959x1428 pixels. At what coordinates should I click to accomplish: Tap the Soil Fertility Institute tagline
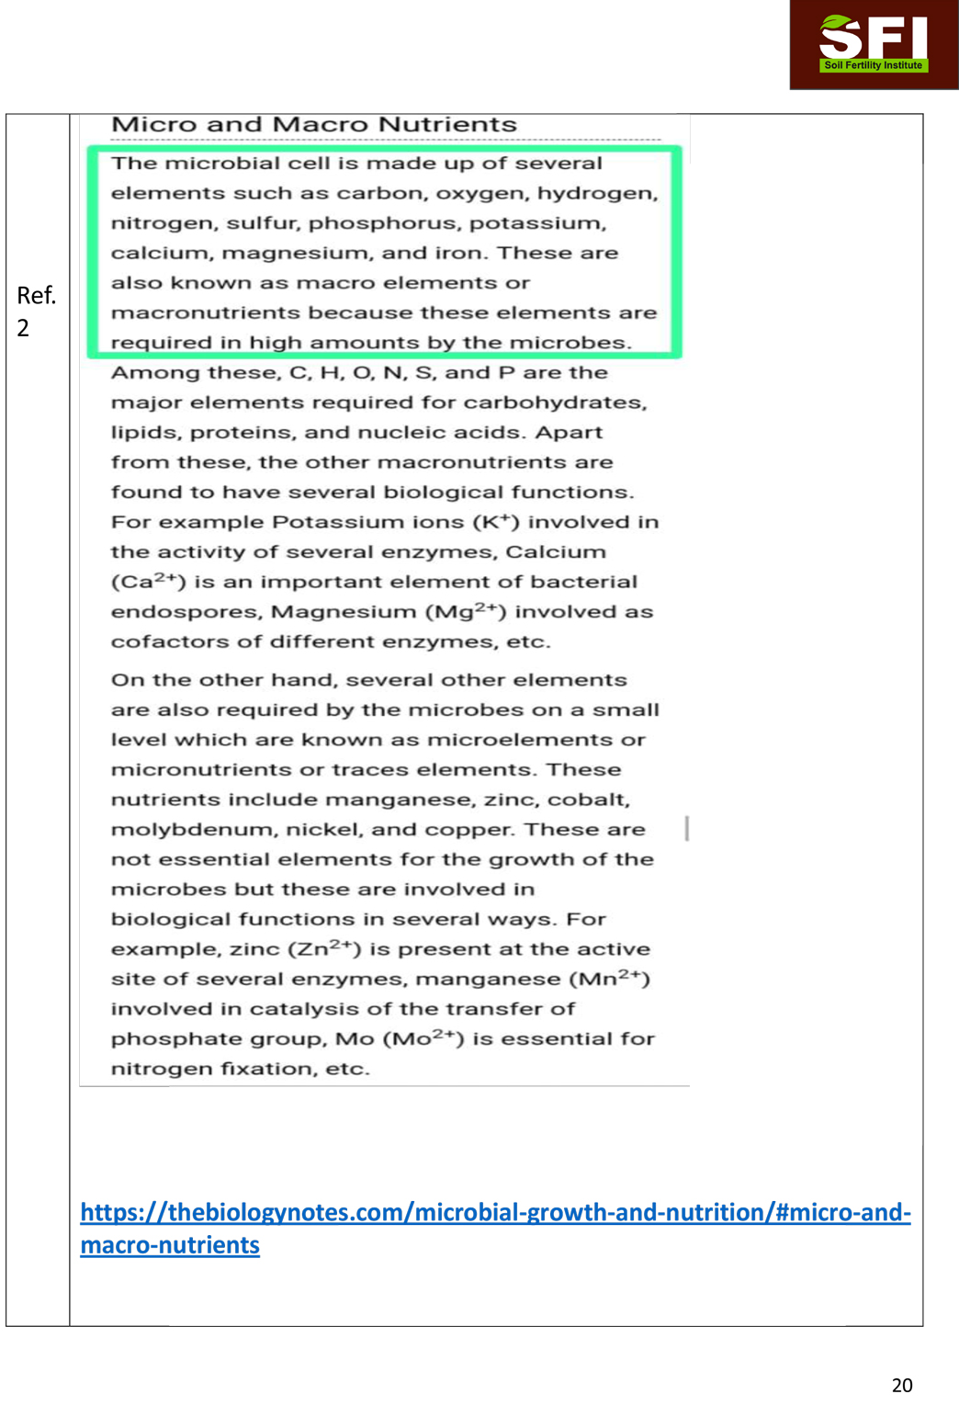pos(873,65)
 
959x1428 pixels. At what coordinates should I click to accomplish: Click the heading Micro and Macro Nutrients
pos(314,124)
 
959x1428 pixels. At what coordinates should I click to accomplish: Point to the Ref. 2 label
pos(36,311)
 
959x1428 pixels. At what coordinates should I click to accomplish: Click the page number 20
pos(902,1385)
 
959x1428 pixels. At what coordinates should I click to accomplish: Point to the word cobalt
pos(588,799)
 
